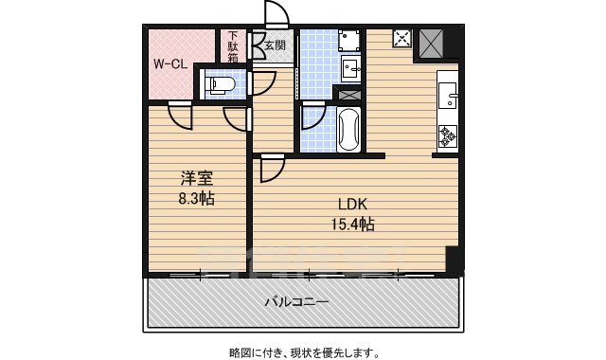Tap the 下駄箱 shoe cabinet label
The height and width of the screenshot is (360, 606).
tap(233, 48)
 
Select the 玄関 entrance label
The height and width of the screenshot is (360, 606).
tap(275, 45)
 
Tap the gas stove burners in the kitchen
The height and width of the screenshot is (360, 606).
tap(446, 135)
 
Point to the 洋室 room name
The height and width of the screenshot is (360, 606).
tap(196, 178)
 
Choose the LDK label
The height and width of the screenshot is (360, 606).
tap(353, 205)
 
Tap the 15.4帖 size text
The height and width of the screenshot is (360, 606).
tap(353, 225)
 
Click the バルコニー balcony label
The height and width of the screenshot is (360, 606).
tap(295, 302)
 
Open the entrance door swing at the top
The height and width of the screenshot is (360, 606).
tap(276, 13)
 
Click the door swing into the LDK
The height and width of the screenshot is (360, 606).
tap(271, 169)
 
